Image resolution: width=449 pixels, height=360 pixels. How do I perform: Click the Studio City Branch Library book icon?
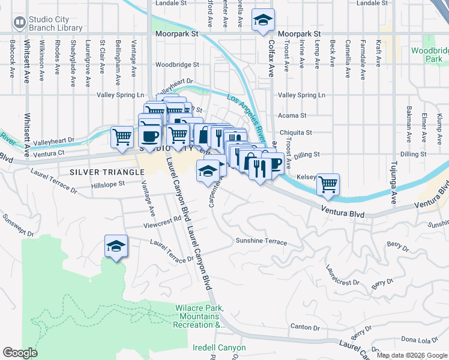tap(20, 23)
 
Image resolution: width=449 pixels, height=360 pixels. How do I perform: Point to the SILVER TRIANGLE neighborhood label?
tap(107, 172)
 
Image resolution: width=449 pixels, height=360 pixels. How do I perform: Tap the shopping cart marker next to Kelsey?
tap(328, 185)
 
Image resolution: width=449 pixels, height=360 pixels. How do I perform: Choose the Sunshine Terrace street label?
tap(261, 241)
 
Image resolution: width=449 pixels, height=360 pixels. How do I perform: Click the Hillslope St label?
tap(106, 184)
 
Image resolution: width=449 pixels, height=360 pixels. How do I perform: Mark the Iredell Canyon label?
tap(219, 347)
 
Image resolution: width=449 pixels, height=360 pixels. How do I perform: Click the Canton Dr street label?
tap(304, 328)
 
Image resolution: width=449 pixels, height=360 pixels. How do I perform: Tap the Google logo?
tap(20, 353)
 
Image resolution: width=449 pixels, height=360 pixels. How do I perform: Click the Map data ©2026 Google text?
tap(412, 355)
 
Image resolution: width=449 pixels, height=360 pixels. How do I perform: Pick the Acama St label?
tap(292, 115)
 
